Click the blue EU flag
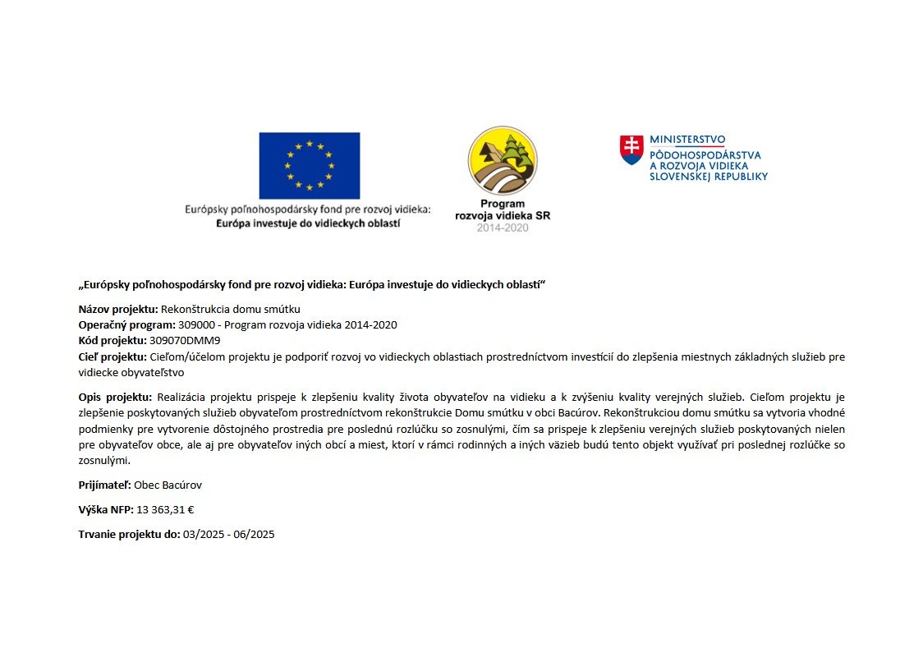[309, 165]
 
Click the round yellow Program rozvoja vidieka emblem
[503, 160]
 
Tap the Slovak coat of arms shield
[631, 150]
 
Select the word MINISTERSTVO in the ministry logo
[687, 140]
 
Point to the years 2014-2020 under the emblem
[503, 228]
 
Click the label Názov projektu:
[117, 310]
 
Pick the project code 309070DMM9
[186, 340]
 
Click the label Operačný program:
[126, 325]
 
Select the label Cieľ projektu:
[113, 356]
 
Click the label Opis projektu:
[115, 398]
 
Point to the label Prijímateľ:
[104, 485]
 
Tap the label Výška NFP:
[106, 510]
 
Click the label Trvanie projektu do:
[129, 535]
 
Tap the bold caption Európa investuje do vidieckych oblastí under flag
[308, 223]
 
